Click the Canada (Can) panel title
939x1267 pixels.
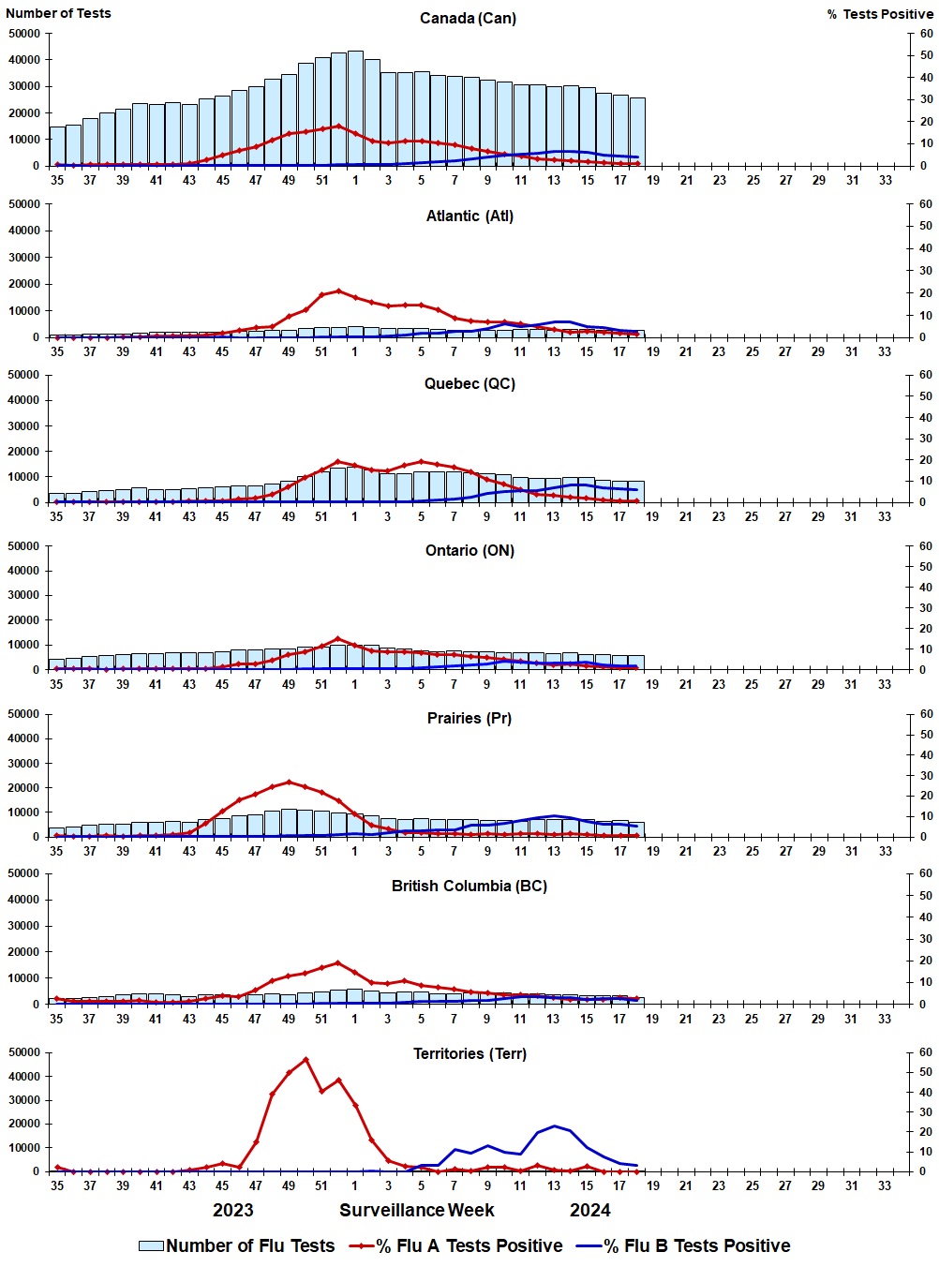(468, 19)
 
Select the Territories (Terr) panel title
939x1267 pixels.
(469, 1053)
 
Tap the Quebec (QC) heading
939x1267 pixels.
(469, 383)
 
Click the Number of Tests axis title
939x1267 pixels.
(58, 13)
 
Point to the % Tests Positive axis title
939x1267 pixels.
(880, 14)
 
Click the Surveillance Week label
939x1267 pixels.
(416, 1210)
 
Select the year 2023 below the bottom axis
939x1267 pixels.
(233, 1210)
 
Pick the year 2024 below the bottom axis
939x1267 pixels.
(589, 1210)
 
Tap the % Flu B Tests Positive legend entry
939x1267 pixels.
(683, 1245)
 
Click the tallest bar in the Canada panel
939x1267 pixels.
(355, 108)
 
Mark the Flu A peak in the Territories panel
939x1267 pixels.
(306, 1059)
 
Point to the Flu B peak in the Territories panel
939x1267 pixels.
(555, 1125)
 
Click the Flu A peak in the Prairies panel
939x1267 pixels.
(289, 782)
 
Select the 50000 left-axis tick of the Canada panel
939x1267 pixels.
(23, 34)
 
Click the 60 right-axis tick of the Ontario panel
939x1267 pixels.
(925, 546)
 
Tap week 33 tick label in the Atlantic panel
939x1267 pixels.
(885, 351)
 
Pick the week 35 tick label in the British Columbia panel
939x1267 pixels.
(56, 1019)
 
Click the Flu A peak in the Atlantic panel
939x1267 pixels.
(339, 291)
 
